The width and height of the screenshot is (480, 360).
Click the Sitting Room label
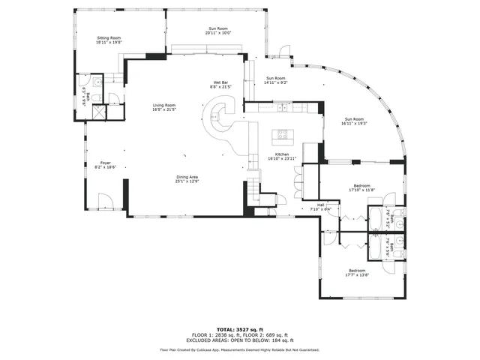click(x=109, y=37)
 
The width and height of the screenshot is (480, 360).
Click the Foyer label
click(x=105, y=163)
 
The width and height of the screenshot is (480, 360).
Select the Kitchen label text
click(x=282, y=154)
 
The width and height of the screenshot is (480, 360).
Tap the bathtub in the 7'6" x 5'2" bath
click(x=373, y=219)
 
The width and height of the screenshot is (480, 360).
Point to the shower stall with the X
click(x=97, y=113)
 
